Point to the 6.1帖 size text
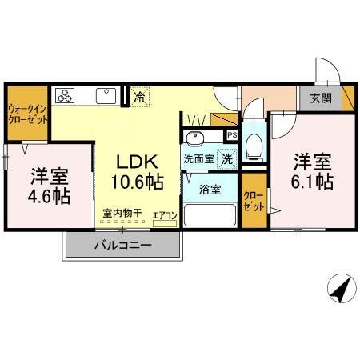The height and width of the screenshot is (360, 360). point(311,182)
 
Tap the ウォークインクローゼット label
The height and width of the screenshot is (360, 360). point(26,114)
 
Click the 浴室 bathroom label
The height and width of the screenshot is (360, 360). point(209,190)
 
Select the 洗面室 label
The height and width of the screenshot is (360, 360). point(198,158)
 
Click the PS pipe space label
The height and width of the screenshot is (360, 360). point(232,135)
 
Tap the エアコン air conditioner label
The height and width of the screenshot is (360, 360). point(164,215)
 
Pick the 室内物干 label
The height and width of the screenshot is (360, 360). point(122,214)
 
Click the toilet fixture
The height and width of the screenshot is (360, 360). point(254,146)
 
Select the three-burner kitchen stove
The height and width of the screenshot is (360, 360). point(65,96)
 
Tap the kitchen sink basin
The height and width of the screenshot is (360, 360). point(106,95)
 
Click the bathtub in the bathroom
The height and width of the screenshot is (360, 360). point(210,216)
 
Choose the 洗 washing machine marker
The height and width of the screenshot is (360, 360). point(227,158)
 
